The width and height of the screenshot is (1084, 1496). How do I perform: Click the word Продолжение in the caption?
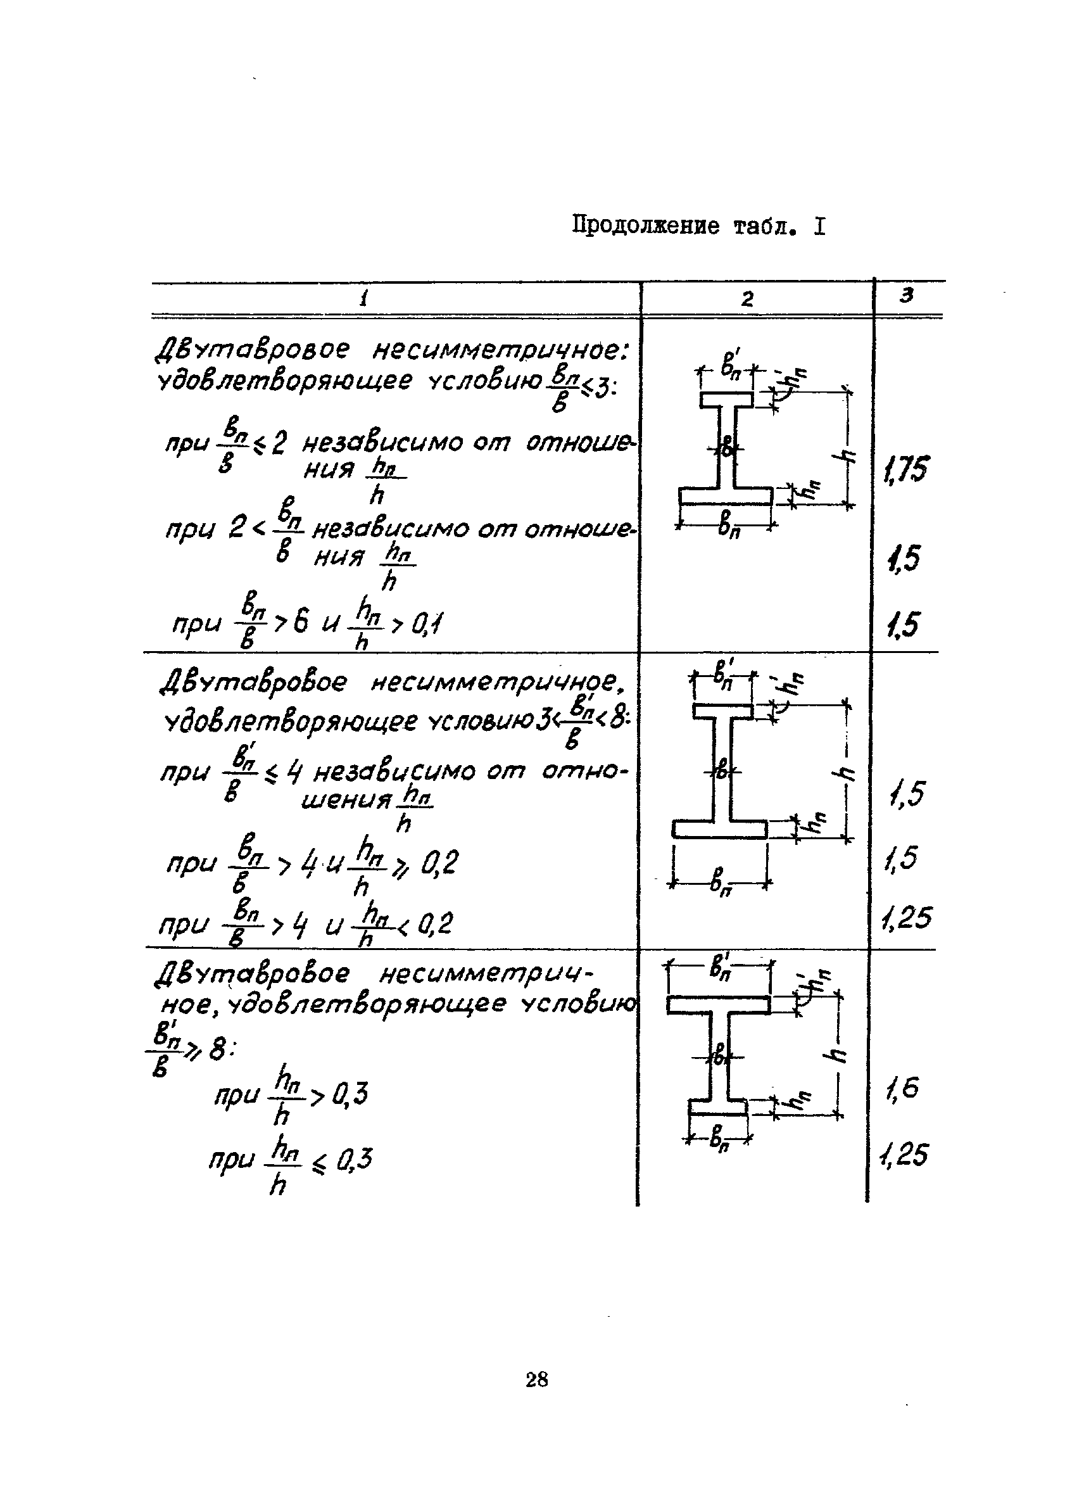[645, 226]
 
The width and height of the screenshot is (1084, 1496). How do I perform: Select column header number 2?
[747, 300]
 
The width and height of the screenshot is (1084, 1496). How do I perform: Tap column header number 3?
[907, 296]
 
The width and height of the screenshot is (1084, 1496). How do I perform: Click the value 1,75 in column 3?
[906, 469]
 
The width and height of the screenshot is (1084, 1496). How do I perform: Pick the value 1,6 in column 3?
[902, 1089]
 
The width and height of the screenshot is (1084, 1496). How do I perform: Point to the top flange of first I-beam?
[727, 400]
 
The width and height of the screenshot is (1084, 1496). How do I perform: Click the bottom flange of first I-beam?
[725, 495]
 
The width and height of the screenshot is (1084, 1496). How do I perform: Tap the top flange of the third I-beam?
[718, 1005]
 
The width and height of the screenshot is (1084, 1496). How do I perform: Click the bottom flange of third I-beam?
[718, 1106]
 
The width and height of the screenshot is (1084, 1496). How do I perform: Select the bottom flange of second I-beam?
[720, 829]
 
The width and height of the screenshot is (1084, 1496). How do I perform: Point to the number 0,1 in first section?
[426, 623]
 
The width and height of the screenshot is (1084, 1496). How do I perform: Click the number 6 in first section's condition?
[301, 622]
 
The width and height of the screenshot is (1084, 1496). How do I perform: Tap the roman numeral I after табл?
[819, 227]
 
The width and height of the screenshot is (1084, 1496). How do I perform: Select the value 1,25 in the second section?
[906, 918]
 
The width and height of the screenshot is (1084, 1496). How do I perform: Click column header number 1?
[363, 300]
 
